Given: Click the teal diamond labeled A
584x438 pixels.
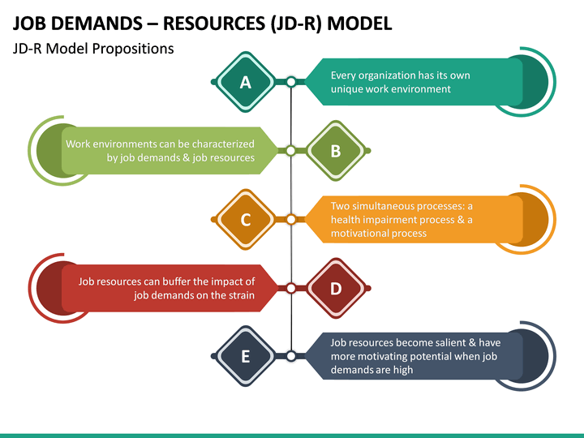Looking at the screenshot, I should (x=246, y=82).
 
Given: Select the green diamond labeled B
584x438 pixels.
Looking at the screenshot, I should (x=336, y=151).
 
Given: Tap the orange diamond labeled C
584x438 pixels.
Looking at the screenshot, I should (x=246, y=220).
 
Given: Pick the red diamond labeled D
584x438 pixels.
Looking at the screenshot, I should (x=336, y=289).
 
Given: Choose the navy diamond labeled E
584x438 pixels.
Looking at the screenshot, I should (x=246, y=356).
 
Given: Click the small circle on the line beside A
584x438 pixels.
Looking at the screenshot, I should (x=291, y=82).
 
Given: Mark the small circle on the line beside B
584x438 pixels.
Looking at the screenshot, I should (x=291, y=151).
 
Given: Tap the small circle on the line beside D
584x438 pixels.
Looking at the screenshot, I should (x=291, y=289).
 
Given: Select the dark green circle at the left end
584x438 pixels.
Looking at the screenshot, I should (x=49, y=151).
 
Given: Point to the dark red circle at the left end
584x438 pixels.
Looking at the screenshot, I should (x=49, y=289).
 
